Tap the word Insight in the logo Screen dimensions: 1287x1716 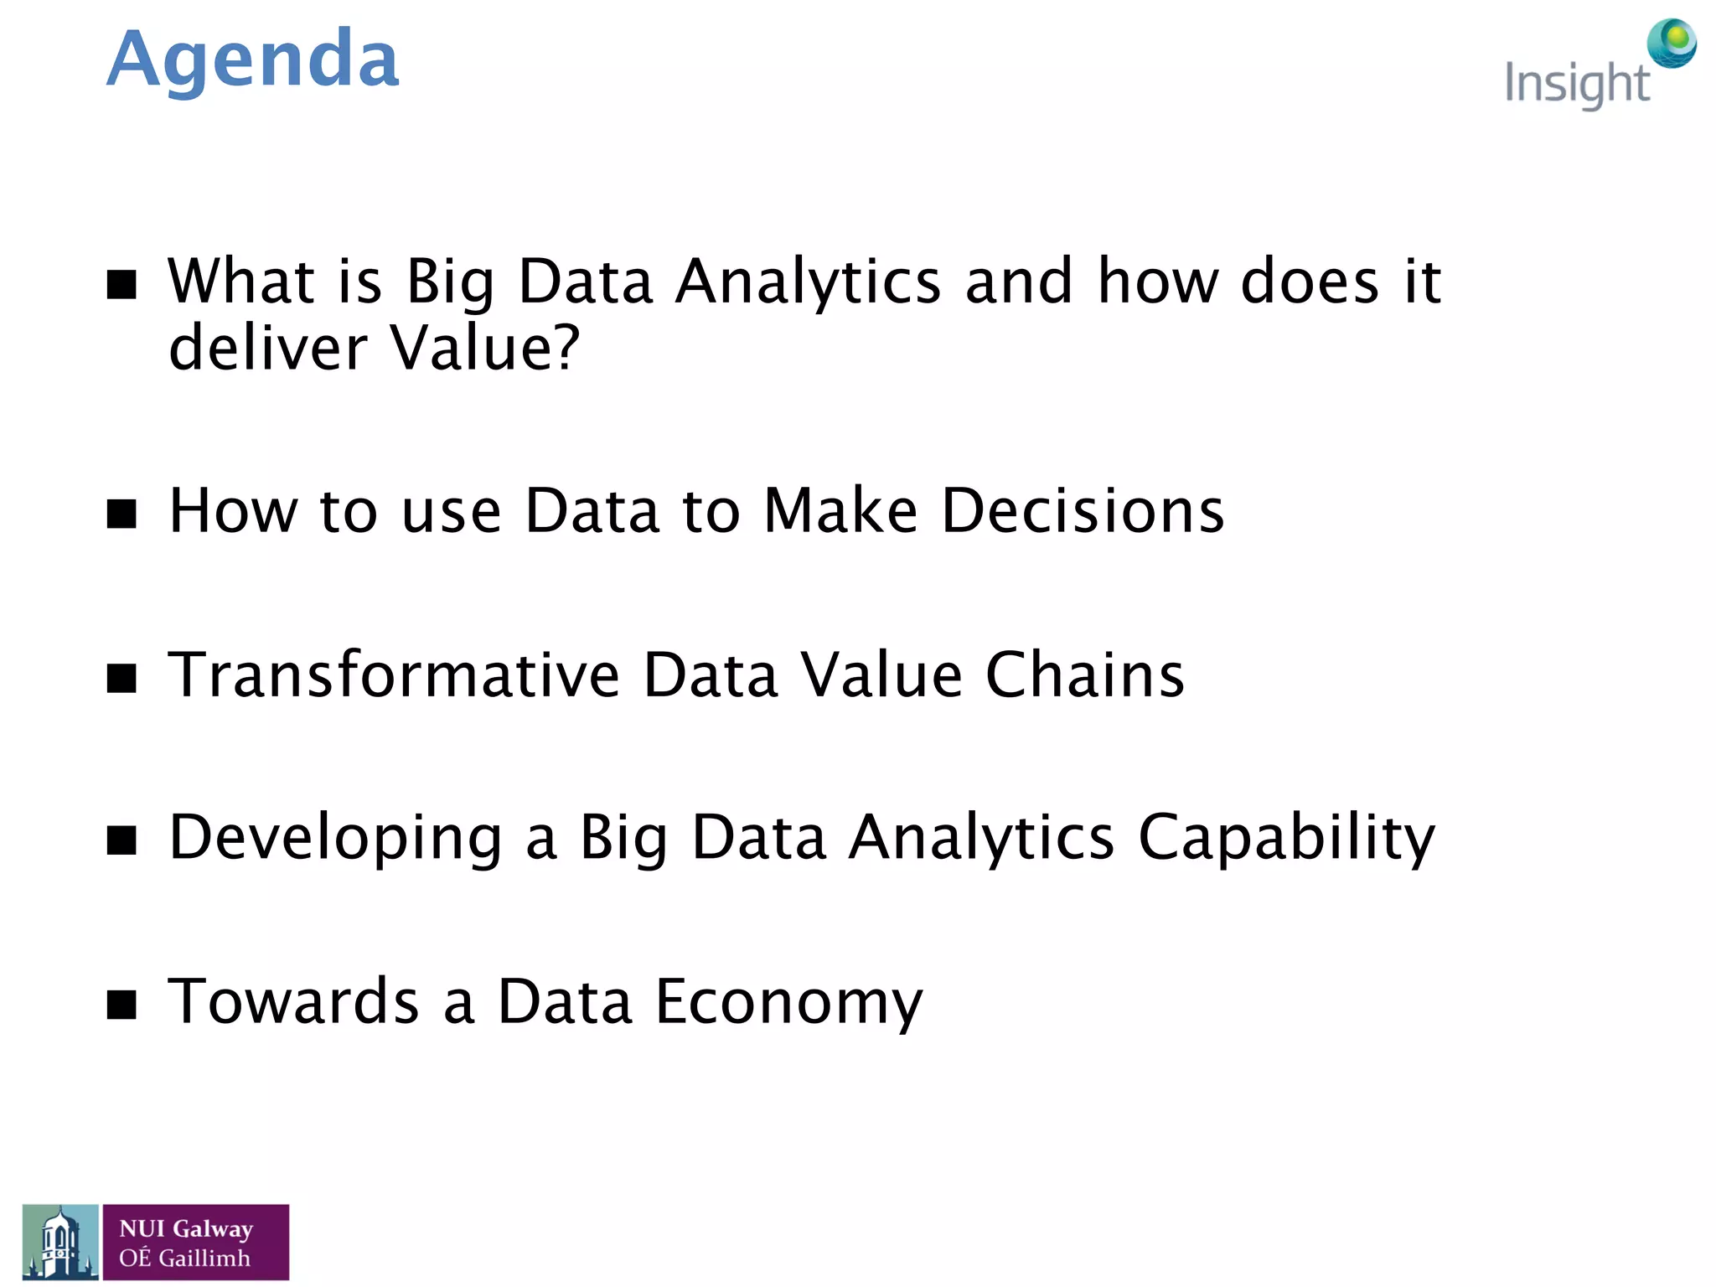tap(1576, 85)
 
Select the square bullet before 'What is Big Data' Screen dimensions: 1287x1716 tap(122, 284)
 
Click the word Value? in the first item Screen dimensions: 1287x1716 tap(484, 348)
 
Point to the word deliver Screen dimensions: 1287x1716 tap(267, 348)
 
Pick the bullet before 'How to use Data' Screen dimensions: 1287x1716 tap(122, 514)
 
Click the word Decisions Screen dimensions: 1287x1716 tap(1083, 510)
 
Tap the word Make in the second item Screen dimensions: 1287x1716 tap(840, 510)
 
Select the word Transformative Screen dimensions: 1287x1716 tap(394, 675)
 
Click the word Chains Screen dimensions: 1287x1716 tap(1084, 675)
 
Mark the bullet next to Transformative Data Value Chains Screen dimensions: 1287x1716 tap(122, 678)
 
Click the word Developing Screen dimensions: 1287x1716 tap(335, 838)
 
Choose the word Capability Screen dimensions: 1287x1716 tap(1286, 838)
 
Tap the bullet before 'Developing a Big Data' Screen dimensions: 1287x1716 tap(122, 840)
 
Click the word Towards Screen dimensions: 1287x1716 tap(293, 1001)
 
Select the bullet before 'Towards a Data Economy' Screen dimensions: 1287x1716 tap(122, 1004)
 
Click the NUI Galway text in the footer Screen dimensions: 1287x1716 tap(186, 1229)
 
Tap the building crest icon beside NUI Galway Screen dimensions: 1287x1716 tap(60, 1242)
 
